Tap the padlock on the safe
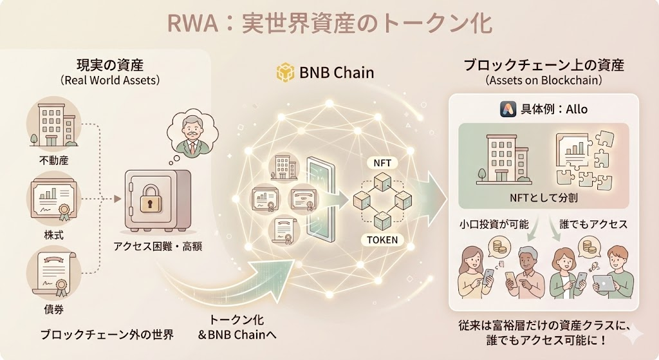coord(151,199)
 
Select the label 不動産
coord(54,158)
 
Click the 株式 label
coord(54,231)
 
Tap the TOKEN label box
coord(383,240)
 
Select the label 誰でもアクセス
coord(593,225)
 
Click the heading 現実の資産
coord(109,65)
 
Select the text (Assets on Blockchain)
coord(543,81)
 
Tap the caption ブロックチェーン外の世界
coord(107,334)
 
